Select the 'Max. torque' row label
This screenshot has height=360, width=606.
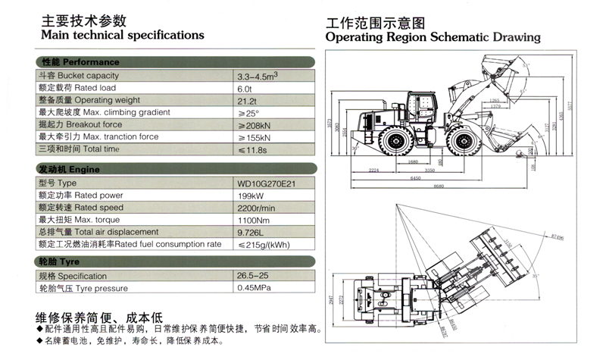79,219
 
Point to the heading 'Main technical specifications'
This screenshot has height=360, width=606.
122,35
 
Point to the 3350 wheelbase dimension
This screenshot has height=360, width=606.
429,171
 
